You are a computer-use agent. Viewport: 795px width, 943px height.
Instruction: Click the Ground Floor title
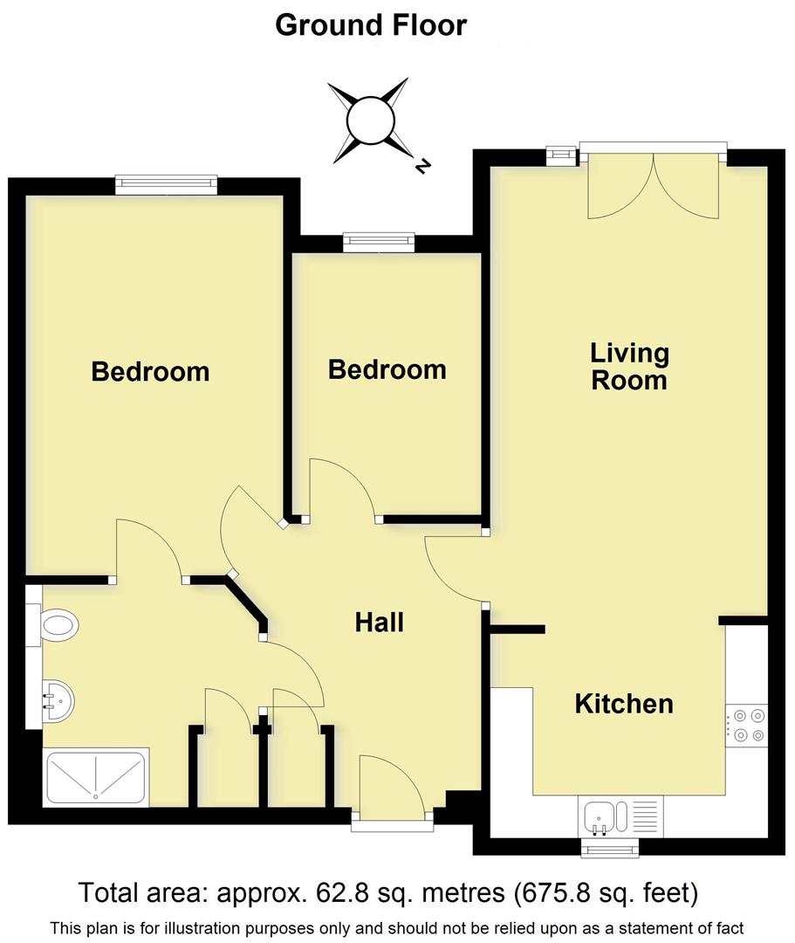click(x=371, y=25)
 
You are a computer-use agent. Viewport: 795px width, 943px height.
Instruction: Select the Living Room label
click(x=629, y=367)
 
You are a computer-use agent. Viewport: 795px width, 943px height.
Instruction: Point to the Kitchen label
click(x=624, y=704)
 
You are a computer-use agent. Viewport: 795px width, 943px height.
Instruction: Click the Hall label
click(x=380, y=623)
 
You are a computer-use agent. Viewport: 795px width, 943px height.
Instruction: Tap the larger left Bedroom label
click(x=150, y=372)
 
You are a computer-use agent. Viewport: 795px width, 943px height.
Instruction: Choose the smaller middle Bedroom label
click(x=387, y=369)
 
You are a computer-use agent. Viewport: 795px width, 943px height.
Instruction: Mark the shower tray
click(x=96, y=778)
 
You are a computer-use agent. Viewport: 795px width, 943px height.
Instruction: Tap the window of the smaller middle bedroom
click(x=378, y=241)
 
